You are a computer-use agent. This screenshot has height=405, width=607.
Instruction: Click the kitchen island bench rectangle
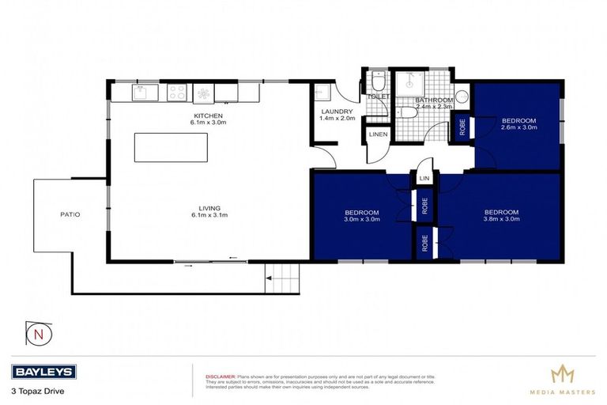(x=172, y=147)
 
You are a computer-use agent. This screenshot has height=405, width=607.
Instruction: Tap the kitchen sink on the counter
(x=142, y=93)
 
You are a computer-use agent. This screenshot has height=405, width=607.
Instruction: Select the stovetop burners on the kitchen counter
(x=175, y=93)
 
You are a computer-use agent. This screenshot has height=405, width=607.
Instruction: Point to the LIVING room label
(x=209, y=209)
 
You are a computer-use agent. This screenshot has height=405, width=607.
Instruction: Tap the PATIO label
(x=70, y=214)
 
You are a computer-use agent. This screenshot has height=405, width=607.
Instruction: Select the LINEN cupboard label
(x=378, y=136)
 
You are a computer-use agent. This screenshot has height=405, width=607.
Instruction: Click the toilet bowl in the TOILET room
(x=378, y=82)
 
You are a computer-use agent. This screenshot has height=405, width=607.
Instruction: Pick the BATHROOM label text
(x=434, y=100)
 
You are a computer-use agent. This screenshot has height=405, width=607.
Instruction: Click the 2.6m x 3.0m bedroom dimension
(x=518, y=127)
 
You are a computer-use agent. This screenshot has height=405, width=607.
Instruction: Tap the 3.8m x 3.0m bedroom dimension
(x=501, y=219)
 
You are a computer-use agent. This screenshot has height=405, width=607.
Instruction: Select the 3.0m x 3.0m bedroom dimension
(x=362, y=219)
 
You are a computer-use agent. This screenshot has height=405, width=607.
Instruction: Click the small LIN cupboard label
(x=424, y=180)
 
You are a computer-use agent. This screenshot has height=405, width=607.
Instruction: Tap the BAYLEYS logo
(x=43, y=371)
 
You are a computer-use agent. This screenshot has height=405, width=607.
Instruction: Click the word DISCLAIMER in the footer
(x=221, y=377)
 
